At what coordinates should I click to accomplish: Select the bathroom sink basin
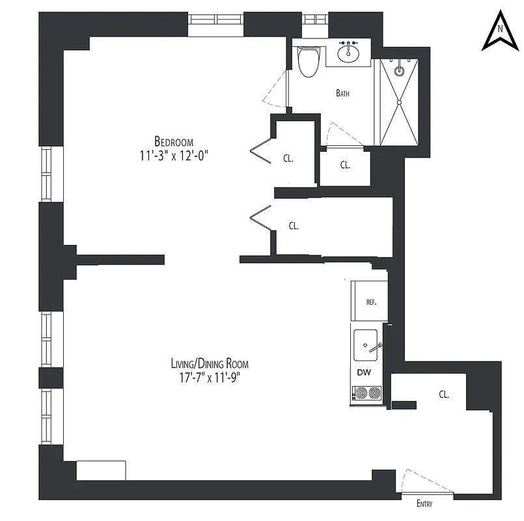[x=350, y=50]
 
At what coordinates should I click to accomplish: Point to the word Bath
[x=342, y=93]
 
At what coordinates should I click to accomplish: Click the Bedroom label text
[x=174, y=141]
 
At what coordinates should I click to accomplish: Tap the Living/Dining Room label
[x=210, y=364]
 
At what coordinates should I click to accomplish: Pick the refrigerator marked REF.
[x=370, y=302]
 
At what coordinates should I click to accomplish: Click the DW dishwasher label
[x=364, y=373]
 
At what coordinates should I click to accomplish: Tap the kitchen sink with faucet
[x=366, y=344]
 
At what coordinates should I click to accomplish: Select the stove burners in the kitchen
[x=366, y=393]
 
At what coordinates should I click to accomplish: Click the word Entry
[x=424, y=503]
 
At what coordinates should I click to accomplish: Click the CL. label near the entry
[x=444, y=394]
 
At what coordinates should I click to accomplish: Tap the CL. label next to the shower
[x=345, y=165]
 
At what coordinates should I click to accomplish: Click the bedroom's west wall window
[x=46, y=173]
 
